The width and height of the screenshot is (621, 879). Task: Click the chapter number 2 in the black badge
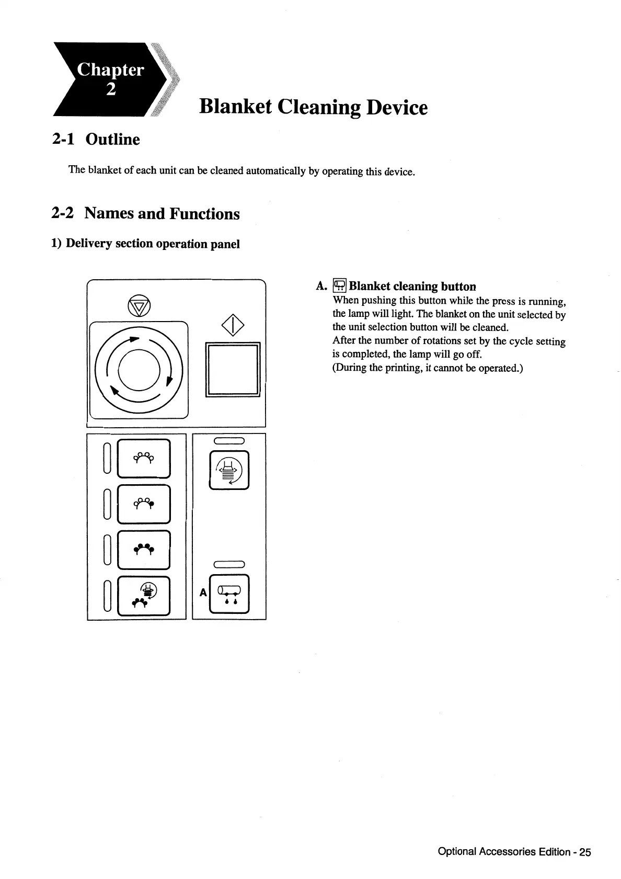click(x=110, y=90)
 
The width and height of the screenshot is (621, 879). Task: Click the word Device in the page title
click(x=397, y=107)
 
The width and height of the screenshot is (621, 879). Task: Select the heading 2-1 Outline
click(x=96, y=139)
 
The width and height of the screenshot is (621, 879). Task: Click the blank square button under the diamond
click(x=233, y=370)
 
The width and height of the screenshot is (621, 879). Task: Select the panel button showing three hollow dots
click(x=144, y=458)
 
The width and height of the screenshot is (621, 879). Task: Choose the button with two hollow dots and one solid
click(x=144, y=504)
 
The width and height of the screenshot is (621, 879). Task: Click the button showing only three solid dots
click(x=144, y=549)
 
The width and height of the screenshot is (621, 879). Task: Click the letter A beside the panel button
click(x=203, y=592)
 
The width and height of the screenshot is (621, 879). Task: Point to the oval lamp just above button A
click(x=229, y=564)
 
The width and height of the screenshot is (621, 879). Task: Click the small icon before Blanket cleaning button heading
click(x=340, y=286)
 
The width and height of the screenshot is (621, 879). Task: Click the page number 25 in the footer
click(x=585, y=852)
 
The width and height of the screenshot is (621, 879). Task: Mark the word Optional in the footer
click(x=457, y=852)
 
